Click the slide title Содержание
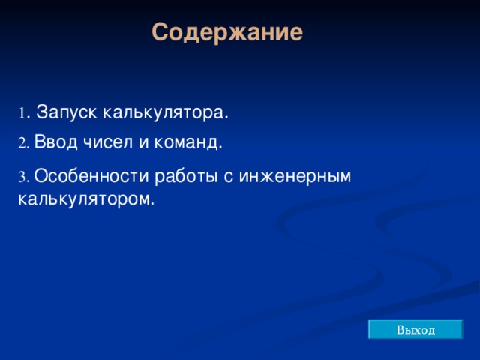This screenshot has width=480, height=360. (227, 33)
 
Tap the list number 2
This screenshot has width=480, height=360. (22, 143)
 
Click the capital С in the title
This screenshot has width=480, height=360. (160, 33)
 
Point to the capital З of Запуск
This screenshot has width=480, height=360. (41, 112)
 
